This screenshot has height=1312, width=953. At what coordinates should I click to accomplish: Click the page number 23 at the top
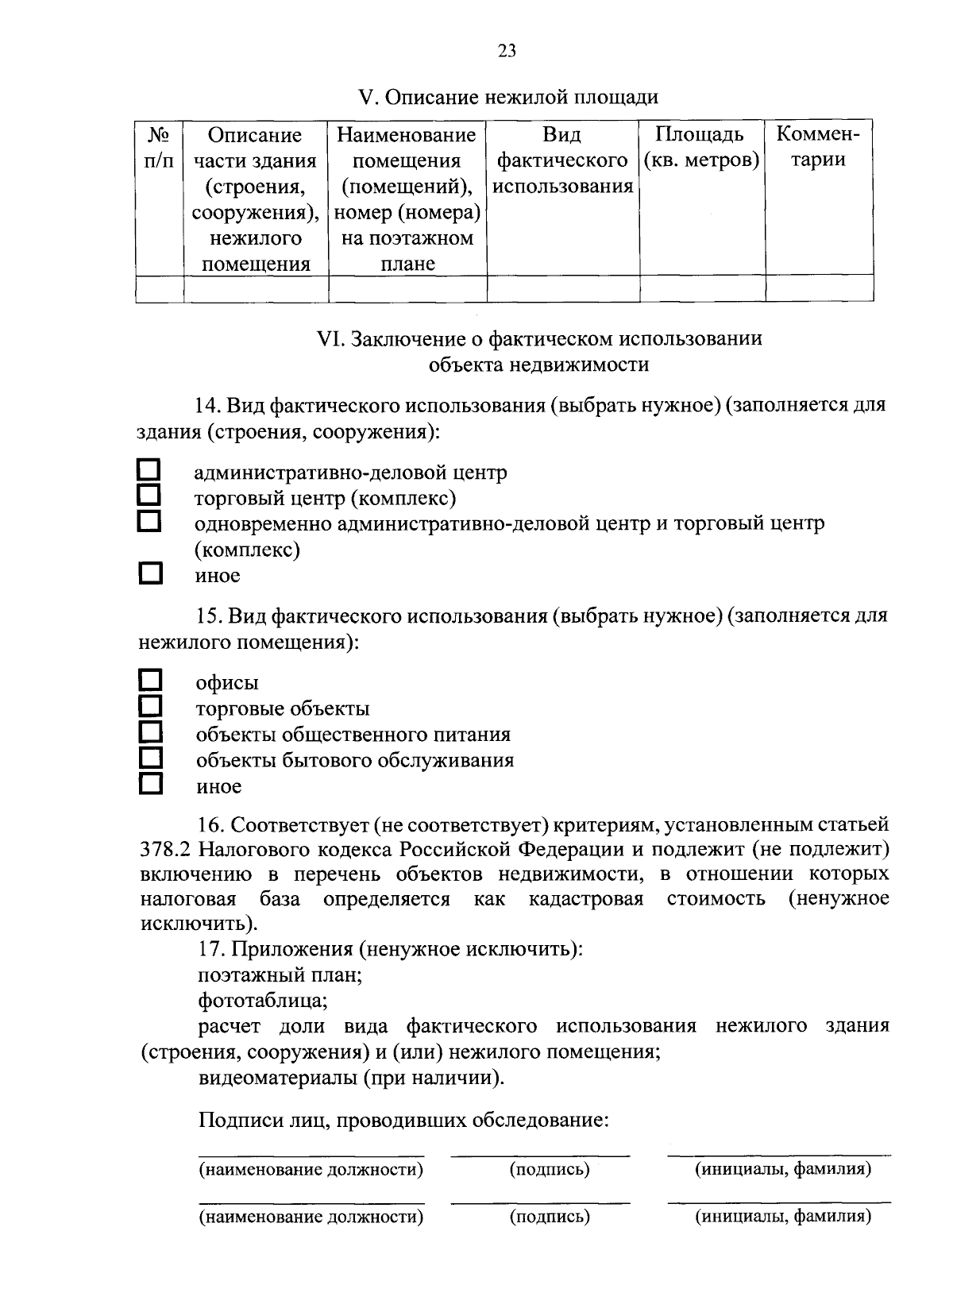click(x=507, y=52)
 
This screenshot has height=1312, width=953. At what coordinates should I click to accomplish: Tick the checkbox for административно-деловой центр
click(x=150, y=469)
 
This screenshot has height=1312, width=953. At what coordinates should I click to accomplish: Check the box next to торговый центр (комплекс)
click(x=150, y=496)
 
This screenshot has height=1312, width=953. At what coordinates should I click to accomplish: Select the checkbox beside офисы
click(x=150, y=680)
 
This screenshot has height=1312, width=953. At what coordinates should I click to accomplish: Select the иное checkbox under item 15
click(x=150, y=785)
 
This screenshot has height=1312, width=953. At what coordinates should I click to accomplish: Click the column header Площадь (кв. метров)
click(x=701, y=148)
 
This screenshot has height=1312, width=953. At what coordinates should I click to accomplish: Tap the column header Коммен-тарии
click(x=819, y=148)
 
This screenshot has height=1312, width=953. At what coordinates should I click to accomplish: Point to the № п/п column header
click(x=160, y=148)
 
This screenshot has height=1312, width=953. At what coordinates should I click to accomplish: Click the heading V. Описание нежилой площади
click(x=508, y=98)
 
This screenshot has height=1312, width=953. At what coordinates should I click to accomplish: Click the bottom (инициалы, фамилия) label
click(x=783, y=1216)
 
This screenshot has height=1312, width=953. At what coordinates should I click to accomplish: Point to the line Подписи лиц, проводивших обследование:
click(x=403, y=1121)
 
